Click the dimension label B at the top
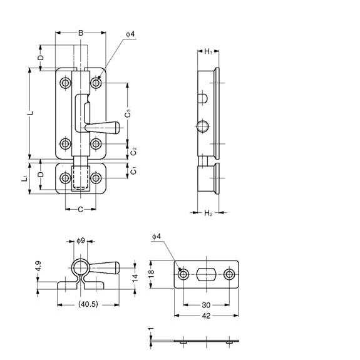click(81, 33)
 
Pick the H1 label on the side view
click(208, 52)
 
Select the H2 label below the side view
click(208, 213)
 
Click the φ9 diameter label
click(80, 240)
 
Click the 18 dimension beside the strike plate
click(152, 274)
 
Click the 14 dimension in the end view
click(135, 277)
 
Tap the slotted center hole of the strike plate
click(207, 274)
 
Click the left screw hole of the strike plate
click(183, 274)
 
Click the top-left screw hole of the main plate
click(65, 83)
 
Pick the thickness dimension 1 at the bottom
click(152, 329)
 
